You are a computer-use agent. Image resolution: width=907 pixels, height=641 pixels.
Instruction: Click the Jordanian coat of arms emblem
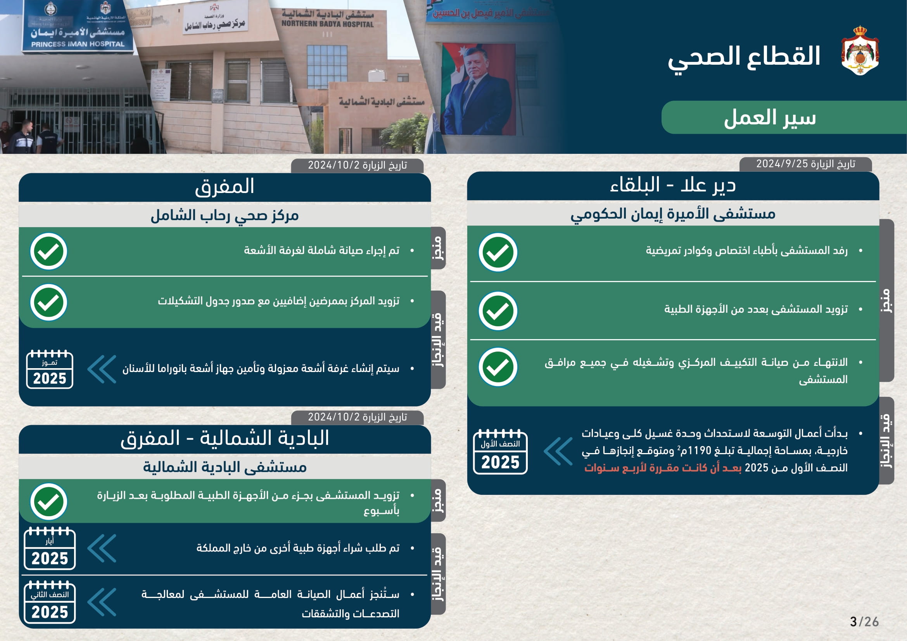point(860,50)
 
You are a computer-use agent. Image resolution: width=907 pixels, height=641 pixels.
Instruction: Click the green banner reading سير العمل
point(769,118)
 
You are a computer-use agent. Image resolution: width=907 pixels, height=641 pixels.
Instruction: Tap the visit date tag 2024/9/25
point(805,164)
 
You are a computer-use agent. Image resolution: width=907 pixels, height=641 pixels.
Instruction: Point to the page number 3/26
point(864,622)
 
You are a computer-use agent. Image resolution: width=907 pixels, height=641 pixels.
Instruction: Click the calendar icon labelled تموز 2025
point(50,369)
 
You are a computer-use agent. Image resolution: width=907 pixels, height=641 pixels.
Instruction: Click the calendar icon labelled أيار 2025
point(50,549)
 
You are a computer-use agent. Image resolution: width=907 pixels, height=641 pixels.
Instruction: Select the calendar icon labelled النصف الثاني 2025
point(50,603)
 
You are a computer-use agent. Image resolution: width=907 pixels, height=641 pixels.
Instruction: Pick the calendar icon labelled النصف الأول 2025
point(500,452)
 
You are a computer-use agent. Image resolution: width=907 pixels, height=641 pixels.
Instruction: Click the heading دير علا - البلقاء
point(673,186)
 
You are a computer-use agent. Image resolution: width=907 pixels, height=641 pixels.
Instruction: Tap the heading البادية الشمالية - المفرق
point(225,439)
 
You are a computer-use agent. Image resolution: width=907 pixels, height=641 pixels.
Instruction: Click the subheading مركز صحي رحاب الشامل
point(225,215)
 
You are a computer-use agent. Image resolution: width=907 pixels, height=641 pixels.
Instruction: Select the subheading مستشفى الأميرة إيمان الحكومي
point(673,214)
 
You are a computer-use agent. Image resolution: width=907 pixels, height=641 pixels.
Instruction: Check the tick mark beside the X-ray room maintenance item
point(48,252)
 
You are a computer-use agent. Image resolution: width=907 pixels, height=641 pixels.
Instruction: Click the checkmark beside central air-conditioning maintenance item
point(498,367)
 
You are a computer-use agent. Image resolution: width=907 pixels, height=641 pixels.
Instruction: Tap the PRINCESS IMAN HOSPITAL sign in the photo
point(78,44)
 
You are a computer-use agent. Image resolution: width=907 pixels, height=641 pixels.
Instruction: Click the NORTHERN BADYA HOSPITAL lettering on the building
point(327,24)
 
